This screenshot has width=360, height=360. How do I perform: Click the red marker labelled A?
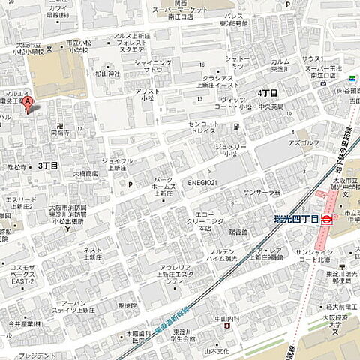(28, 103)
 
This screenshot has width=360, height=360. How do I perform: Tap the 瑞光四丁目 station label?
(297, 219)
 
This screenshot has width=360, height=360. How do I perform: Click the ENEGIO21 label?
(202, 182)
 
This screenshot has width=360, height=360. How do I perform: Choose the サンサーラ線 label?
(262, 193)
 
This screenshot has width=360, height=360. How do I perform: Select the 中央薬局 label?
(271, 106)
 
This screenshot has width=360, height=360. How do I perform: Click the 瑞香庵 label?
(238, 232)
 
